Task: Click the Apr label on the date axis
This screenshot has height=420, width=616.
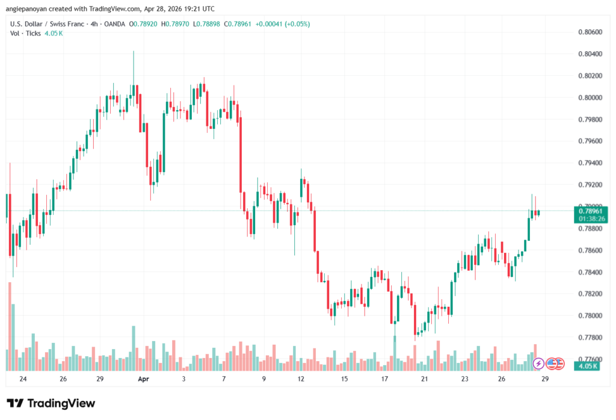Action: [143, 379]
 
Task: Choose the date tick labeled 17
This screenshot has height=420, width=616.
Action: [384, 379]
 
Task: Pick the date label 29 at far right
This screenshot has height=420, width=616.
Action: [545, 379]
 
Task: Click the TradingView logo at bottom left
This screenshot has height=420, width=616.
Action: [51, 403]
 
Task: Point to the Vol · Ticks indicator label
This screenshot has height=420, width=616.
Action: [25, 33]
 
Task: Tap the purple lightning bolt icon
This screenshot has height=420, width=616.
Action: [538, 363]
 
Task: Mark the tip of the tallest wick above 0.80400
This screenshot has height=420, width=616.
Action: [133, 52]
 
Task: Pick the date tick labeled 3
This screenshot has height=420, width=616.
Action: [183, 379]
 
